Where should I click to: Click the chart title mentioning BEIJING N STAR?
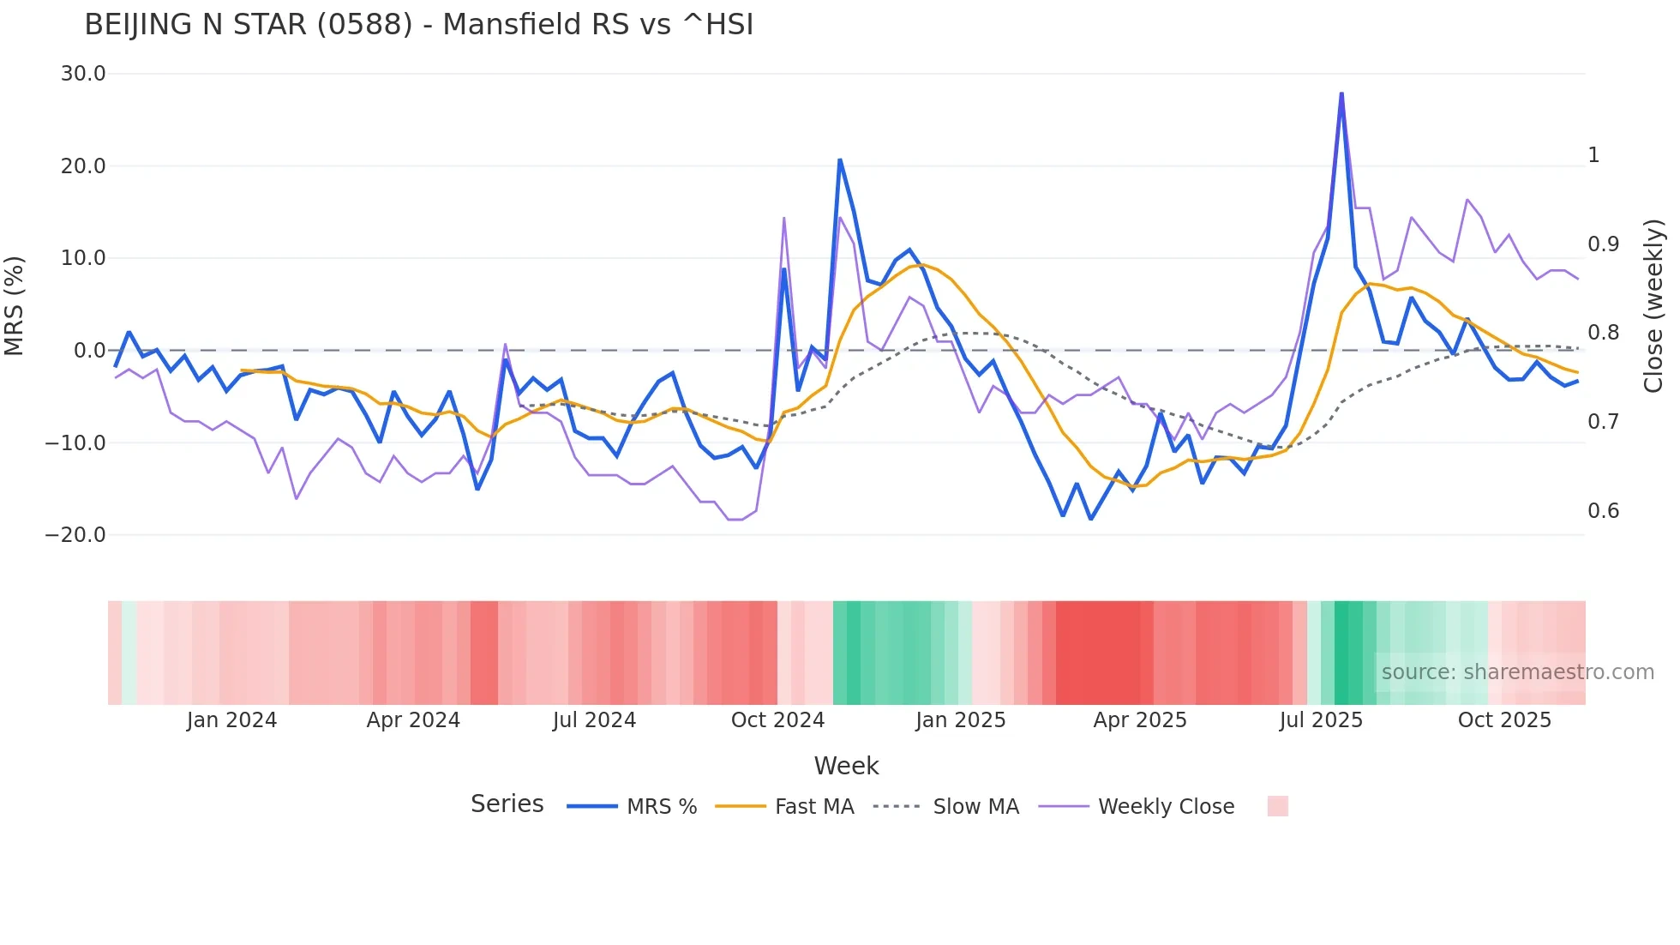(418, 25)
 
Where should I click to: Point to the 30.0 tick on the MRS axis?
(83, 74)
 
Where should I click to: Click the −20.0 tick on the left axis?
(75, 535)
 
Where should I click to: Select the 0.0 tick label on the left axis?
(89, 351)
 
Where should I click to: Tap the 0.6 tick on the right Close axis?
(1603, 511)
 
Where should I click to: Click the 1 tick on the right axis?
(1593, 155)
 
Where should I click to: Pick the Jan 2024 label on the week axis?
(231, 720)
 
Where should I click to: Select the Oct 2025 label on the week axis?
(1504, 720)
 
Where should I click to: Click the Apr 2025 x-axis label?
(1140, 720)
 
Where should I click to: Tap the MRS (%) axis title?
(15, 305)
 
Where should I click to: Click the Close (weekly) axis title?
(1653, 305)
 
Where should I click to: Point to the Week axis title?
(846, 766)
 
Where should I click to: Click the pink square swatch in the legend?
(1277, 806)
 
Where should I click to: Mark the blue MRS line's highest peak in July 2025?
(1341, 93)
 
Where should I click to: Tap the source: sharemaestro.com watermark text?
(1517, 672)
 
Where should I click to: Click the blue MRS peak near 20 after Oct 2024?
(840, 160)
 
